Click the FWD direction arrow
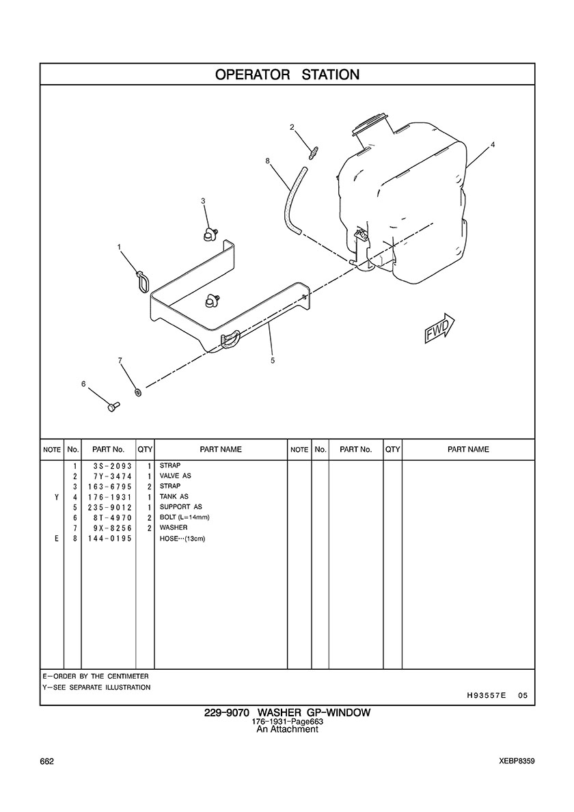point(439,329)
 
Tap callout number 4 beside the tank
point(493,145)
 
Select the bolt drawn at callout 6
point(113,407)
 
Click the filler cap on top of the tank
point(370,124)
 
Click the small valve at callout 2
point(312,152)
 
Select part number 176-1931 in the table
point(110,497)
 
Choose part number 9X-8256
point(110,528)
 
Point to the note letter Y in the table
point(56,497)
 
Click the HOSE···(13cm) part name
point(182,539)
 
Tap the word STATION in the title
point(330,75)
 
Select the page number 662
point(47,761)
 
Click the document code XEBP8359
point(517,761)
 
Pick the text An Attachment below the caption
point(287,729)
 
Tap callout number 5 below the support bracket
point(273,360)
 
